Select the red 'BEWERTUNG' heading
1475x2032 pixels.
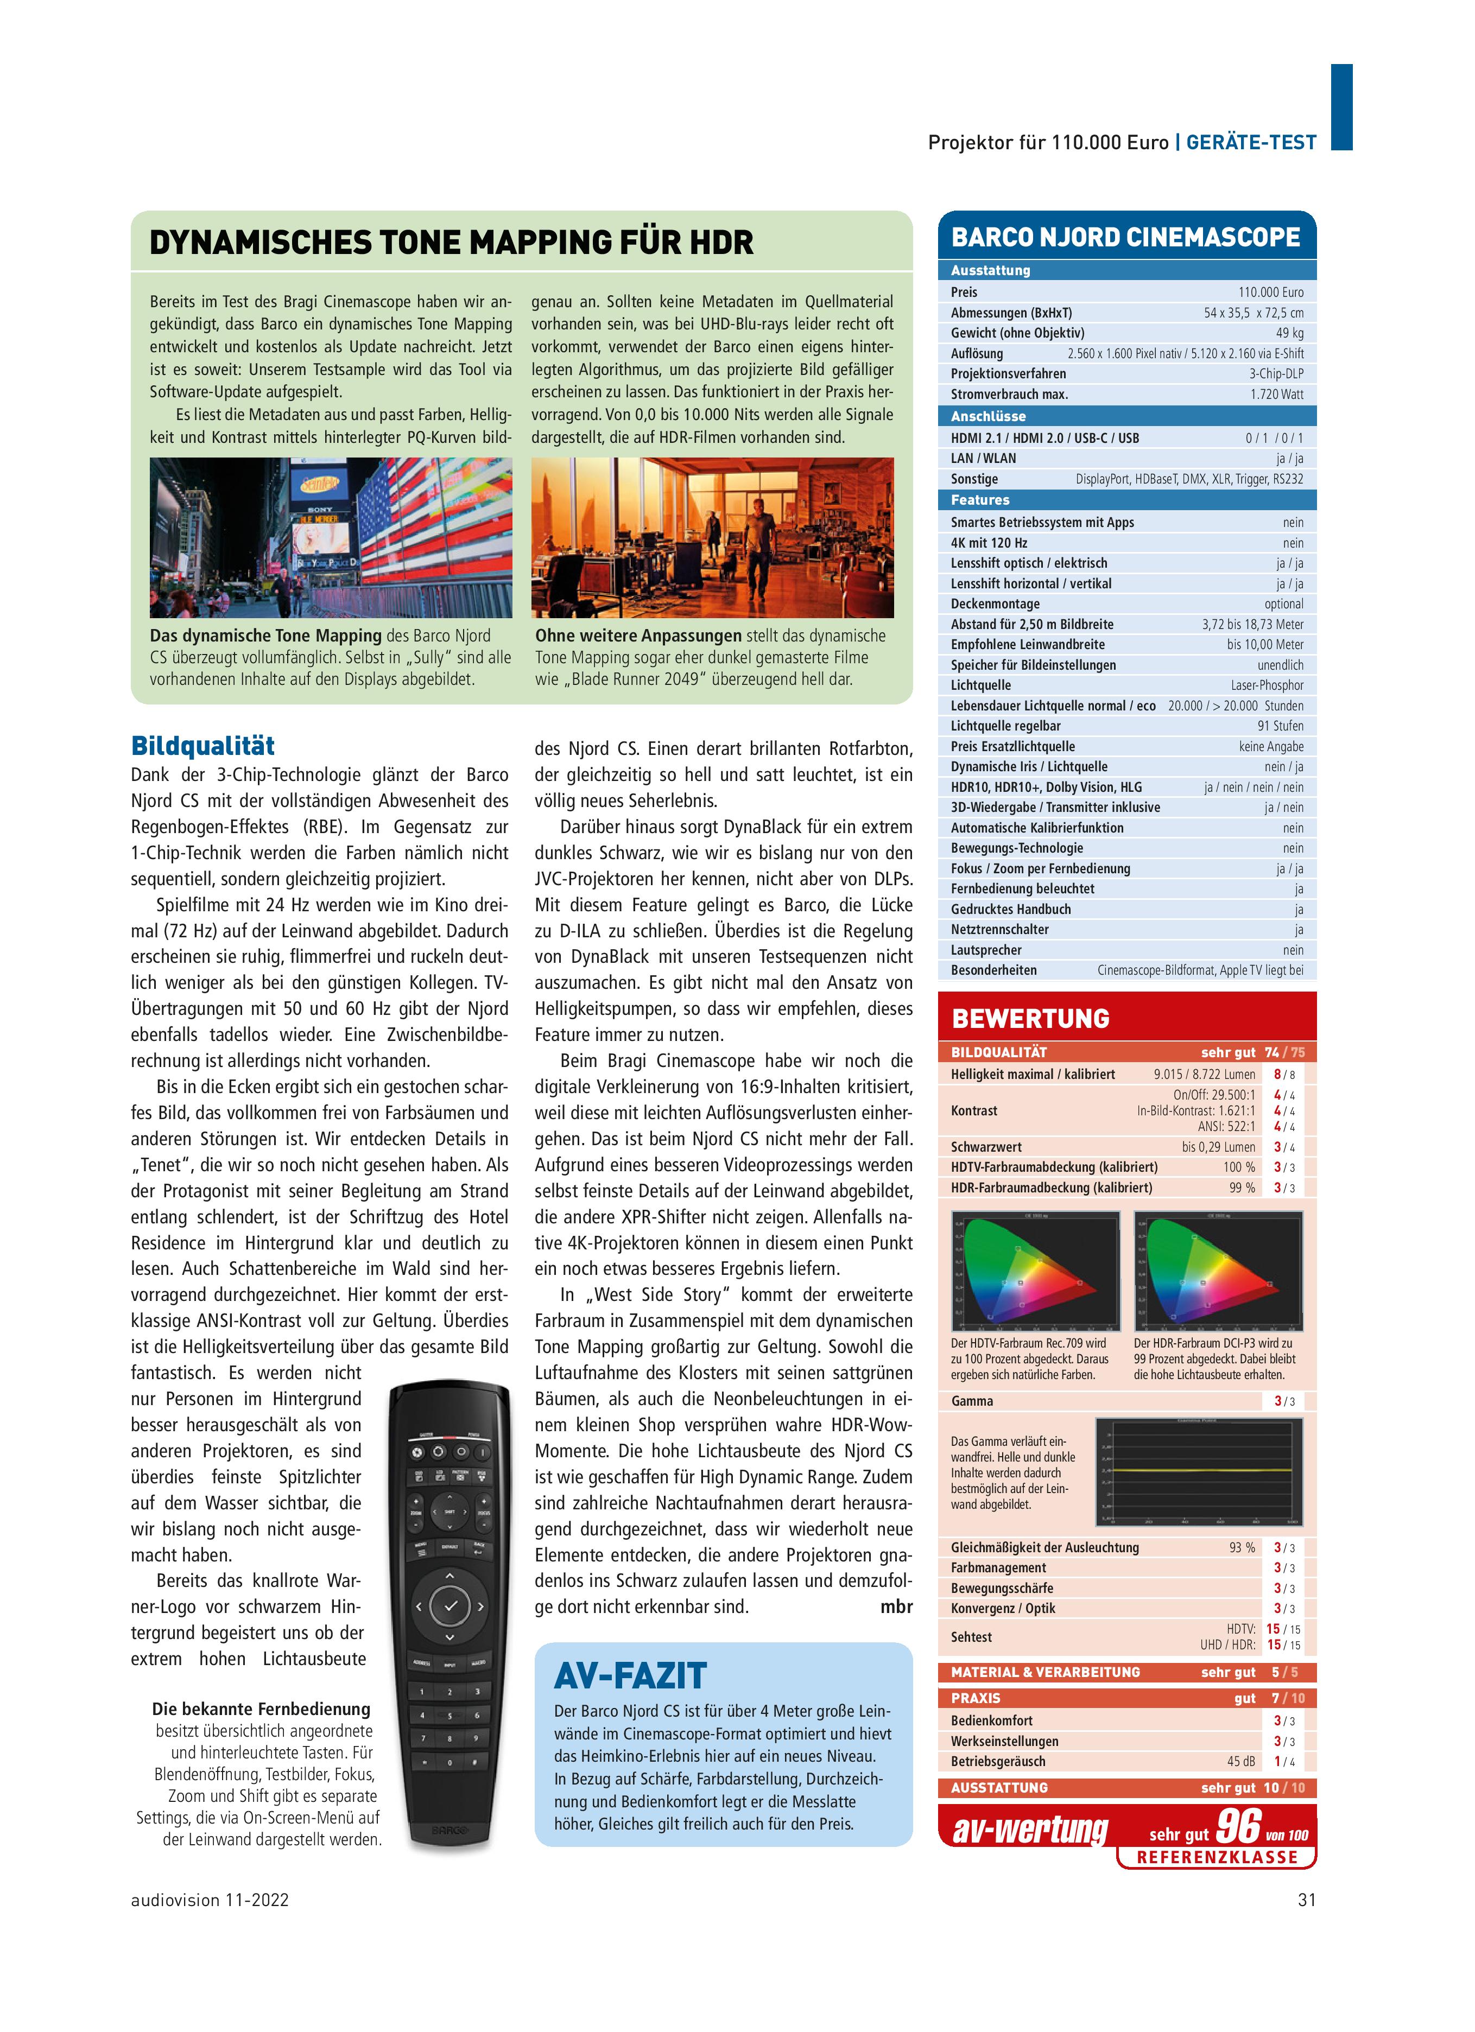tap(1030, 1019)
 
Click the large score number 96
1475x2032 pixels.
tap(1238, 1825)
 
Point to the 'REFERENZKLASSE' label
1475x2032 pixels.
tap(1217, 1857)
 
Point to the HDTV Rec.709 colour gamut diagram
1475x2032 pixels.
tap(1035, 1271)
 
